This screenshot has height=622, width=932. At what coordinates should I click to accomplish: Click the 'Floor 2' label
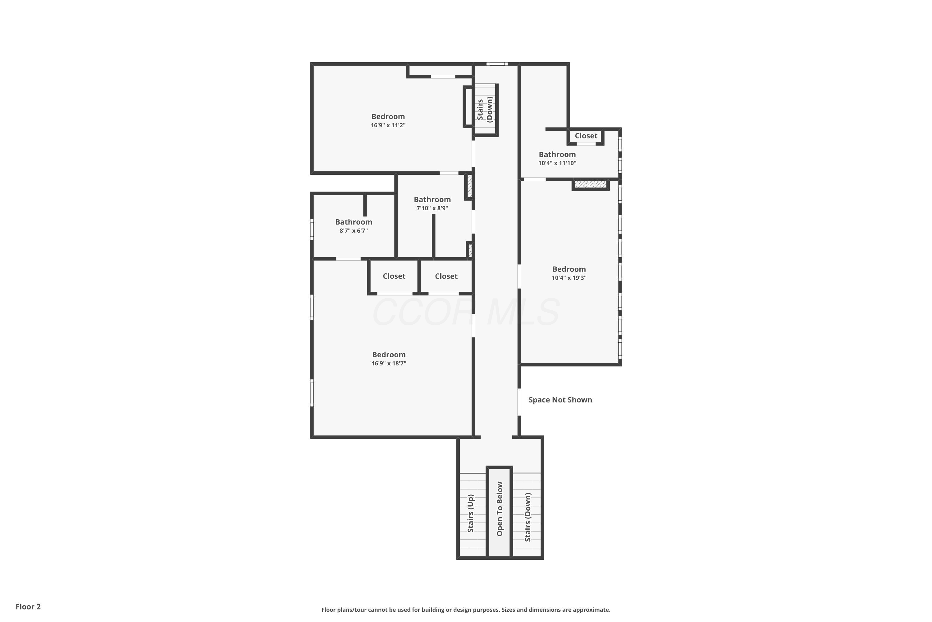[28, 606]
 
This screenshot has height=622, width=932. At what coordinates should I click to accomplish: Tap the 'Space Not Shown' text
[560, 400]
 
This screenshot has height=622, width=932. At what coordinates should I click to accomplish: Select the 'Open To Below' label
[500, 509]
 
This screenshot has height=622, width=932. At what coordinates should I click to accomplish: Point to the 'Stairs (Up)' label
[471, 513]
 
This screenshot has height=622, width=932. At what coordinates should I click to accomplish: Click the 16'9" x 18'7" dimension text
[389, 363]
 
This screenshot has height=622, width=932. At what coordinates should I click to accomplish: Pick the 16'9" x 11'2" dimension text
[388, 125]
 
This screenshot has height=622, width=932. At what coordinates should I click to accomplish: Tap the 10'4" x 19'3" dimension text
[569, 278]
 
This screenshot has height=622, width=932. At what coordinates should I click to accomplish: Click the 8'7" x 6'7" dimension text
[354, 230]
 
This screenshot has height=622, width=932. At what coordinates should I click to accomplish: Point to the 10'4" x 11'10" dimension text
[557, 163]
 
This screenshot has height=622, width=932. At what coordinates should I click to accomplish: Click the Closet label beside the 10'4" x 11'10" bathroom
[586, 136]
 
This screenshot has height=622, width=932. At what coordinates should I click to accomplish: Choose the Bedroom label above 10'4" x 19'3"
[569, 269]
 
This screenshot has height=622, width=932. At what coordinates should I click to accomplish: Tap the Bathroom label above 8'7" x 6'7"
[354, 222]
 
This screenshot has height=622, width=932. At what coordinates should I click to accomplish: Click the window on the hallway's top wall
[497, 64]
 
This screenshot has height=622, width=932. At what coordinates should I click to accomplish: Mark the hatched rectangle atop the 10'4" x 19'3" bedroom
[591, 184]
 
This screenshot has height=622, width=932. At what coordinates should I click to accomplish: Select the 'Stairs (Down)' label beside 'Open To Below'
[528, 517]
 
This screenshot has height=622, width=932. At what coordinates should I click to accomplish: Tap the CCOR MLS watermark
[466, 313]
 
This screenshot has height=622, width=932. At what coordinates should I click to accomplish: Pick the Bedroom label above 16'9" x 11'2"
[388, 116]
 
